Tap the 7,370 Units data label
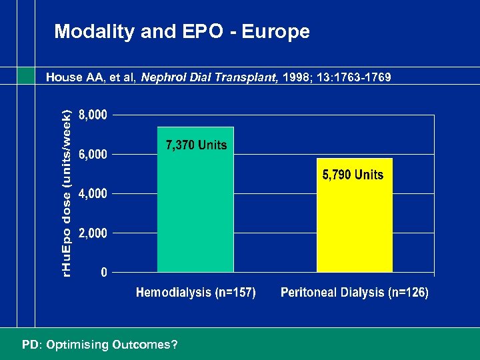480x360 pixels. (196, 145)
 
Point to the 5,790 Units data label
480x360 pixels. (353, 175)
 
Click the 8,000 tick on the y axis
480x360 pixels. (92, 115)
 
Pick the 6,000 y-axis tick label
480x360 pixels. (92, 154)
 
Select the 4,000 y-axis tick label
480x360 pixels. (92, 194)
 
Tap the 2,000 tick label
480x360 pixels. (92, 233)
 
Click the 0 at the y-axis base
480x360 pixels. (103, 273)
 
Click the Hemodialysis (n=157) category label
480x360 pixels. (196, 293)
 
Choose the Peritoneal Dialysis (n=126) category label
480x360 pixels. (355, 293)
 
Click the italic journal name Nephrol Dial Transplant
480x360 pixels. (210, 77)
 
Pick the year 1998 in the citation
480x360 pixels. (295, 77)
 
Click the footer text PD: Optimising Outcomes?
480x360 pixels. (99, 345)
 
